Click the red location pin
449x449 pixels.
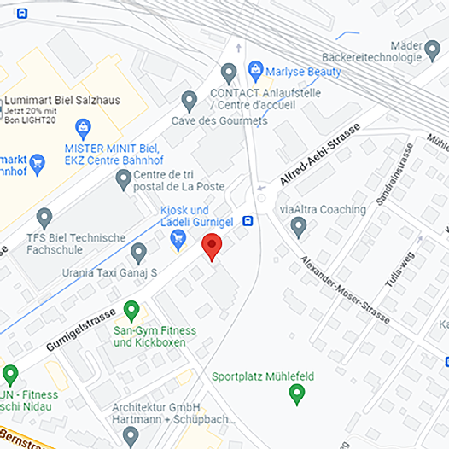point(212,248)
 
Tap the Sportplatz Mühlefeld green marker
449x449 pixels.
point(297,394)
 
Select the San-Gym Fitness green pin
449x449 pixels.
point(131,310)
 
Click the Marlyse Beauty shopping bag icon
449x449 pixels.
point(254,69)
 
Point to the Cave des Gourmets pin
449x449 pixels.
point(190,101)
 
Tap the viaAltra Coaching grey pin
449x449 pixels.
point(299,227)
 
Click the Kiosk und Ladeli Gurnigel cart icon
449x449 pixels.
point(178,242)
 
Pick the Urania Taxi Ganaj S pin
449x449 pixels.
point(138,253)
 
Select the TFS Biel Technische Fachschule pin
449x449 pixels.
point(44,219)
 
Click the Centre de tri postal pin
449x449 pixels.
point(123,179)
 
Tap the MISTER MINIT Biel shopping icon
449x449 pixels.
point(83,129)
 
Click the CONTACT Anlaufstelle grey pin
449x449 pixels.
point(228,73)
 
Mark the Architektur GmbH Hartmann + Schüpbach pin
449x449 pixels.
point(131,436)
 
